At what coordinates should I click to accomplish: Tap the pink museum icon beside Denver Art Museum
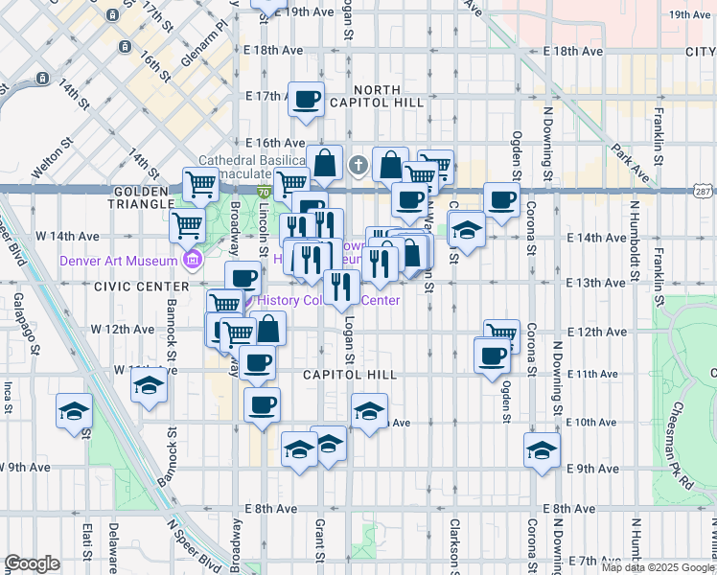(192, 260)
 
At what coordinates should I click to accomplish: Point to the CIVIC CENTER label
(141, 287)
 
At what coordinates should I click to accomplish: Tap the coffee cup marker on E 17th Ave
(307, 101)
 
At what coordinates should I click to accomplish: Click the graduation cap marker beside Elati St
(74, 411)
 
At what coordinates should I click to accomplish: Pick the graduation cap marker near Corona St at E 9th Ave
(542, 451)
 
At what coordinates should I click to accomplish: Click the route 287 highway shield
(704, 192)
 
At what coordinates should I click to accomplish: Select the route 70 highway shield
(264, 192)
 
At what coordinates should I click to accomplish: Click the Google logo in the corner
(32, 563)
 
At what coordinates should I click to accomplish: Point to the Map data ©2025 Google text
(657, 567)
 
